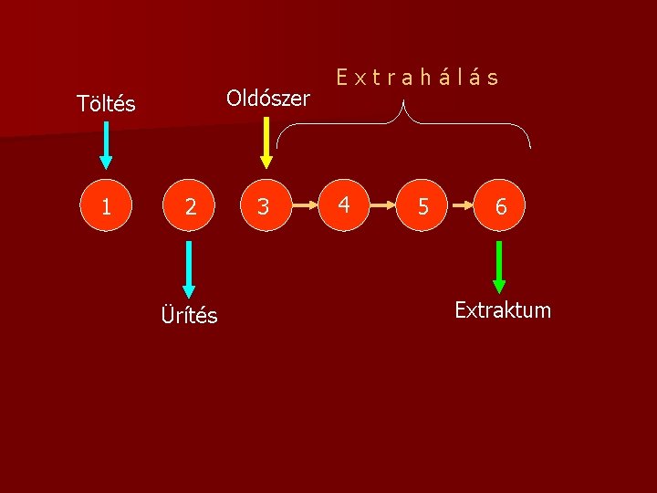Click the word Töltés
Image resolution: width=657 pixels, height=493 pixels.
coord(107,104)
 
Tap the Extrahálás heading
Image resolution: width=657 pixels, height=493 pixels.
coord(417,78)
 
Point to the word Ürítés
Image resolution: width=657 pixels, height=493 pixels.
coord(189,316)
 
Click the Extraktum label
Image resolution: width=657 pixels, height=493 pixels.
coord(503,310)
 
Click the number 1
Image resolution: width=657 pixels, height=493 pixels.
coord(107,207)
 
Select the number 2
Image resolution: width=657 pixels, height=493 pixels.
coord(190,208)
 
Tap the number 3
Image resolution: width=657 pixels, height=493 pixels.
coord(264,208)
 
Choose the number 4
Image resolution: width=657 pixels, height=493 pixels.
coord(343,205)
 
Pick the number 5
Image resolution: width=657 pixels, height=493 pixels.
coord(422,207)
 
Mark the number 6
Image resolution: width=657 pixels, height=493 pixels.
coord(500,207)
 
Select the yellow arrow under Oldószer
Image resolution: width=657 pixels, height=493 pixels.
coord(266,143)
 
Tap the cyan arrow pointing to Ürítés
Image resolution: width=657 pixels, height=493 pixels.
coord(189,268)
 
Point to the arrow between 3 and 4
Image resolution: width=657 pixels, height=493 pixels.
coord(303,207)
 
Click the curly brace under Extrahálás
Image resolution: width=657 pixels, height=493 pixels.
coord(403,123)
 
